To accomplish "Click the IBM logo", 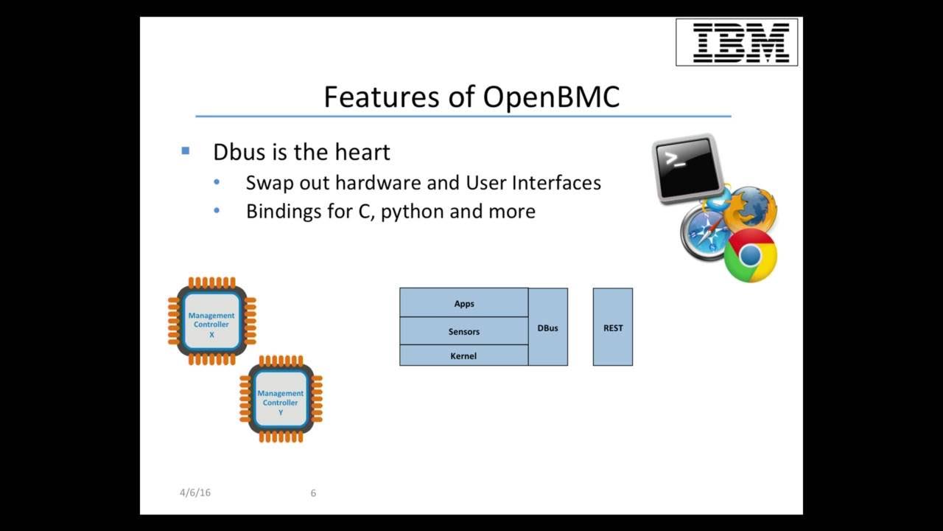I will (737, 42).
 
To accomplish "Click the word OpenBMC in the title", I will (551, 97).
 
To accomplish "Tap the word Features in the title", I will (383, 97).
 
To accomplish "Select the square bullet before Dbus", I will (185, 151).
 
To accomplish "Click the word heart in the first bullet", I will (362, 152).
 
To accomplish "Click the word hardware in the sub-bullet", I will (378, 183).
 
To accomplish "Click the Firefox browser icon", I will (750, 209).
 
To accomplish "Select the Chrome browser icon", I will (750, 255).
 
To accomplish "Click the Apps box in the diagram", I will (463, 303).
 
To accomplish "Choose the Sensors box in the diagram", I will (463, 331).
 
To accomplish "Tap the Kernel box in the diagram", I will (463, 355).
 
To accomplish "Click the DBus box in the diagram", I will (547, 327).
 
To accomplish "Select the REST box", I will (613, 327).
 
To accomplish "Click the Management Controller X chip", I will (211, 322).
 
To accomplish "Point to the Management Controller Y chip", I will (281, 399).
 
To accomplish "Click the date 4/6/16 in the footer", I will (194, 493).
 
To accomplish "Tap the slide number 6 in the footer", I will (313, 493).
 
